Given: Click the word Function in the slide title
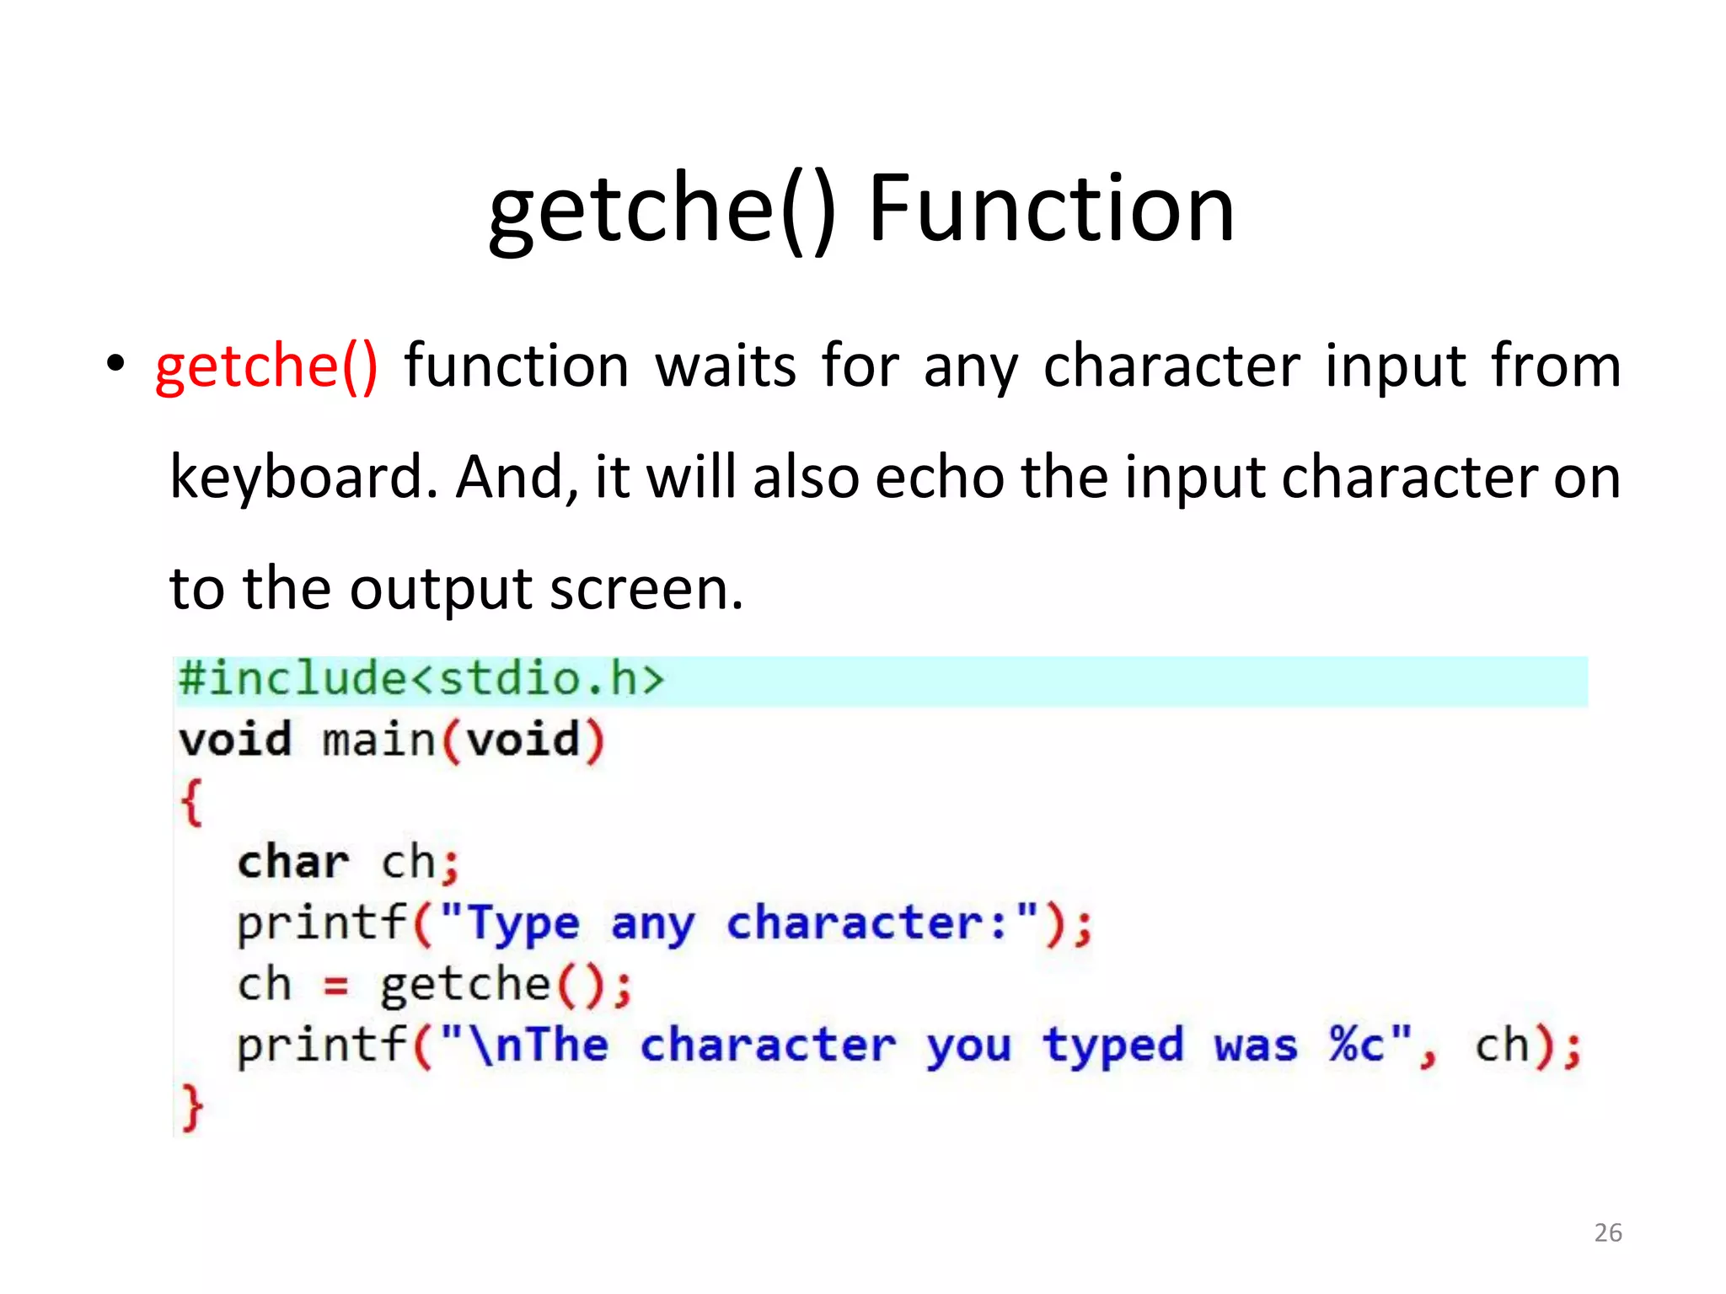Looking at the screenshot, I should (1051, 208).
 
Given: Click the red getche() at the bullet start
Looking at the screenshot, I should (266, 366).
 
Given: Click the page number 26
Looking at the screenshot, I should (1607, 1233).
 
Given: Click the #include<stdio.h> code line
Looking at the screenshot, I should (421, 679).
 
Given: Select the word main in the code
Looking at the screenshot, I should (378, 741).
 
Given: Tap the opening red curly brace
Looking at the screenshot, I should (191, 802).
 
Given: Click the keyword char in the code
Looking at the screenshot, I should (292, 863).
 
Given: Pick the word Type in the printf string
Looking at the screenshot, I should (523, 924).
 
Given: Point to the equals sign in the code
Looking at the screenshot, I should (335, 986).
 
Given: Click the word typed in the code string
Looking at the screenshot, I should (1112, 1047).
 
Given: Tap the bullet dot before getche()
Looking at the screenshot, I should (115, 365).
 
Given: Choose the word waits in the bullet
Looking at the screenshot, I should (726, 366).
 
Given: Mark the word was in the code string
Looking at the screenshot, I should (1255, 1046).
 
